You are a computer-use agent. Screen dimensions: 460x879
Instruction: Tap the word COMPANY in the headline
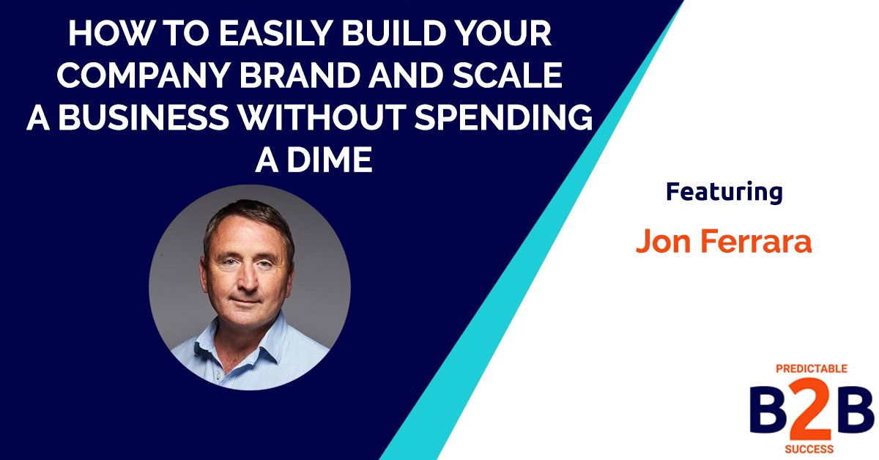click(x=135, y=78)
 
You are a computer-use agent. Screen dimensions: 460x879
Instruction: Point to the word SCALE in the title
click(x=512, y=78)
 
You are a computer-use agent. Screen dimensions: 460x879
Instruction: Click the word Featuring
click(x=724, y=192)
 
